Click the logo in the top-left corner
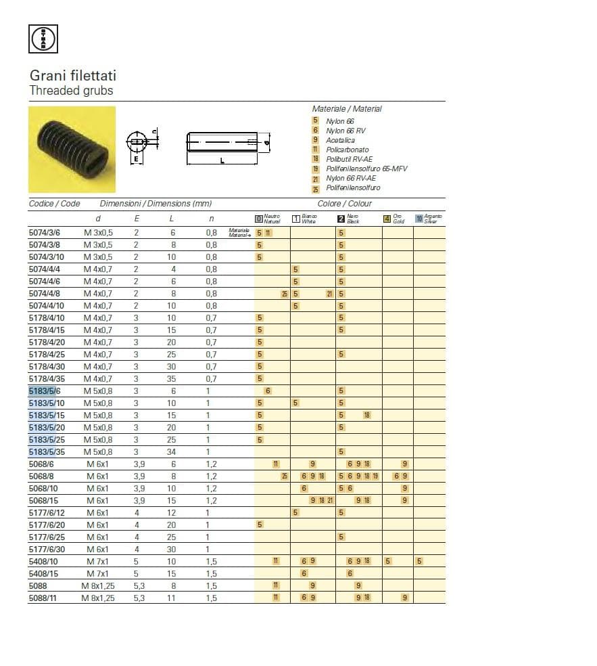tap(43, 39)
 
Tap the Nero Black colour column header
tap(352, 219)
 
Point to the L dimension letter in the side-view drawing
tap(222, 160)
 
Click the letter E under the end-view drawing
tap(136, 160)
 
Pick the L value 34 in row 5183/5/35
tap(172, 452)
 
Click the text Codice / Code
tap(54, 204)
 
